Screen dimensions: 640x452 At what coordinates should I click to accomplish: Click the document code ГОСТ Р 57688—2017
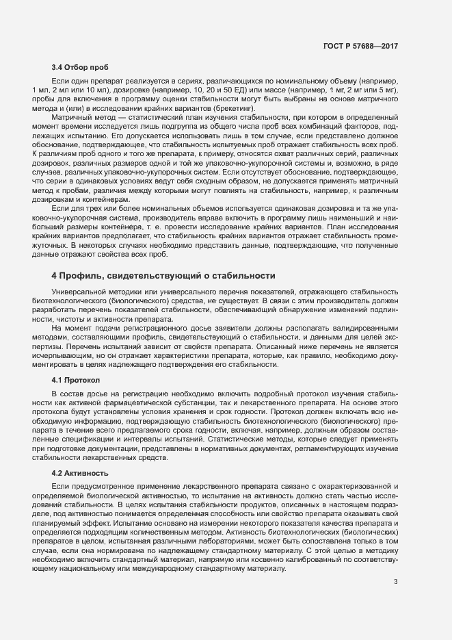coord(360,47)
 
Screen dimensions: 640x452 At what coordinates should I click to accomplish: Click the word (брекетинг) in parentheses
coord(235,108)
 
